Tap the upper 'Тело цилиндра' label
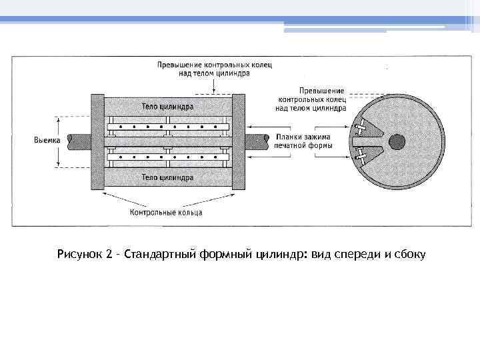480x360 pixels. pyautogui.click(x=167, y=106)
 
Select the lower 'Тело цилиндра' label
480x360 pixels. pyautogui.click(x=167, y=178)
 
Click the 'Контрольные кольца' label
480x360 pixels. pyautogui.click(x=166, y=213)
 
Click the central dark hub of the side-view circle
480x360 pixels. pyautogui.click(x=397, y=141)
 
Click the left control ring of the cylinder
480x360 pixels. pyautogui.click(x=97, y=142)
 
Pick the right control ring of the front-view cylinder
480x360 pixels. pyautogui.click(x=238, y=142)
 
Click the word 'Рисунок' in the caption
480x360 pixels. pyautogui.click(x=80, y=255)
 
